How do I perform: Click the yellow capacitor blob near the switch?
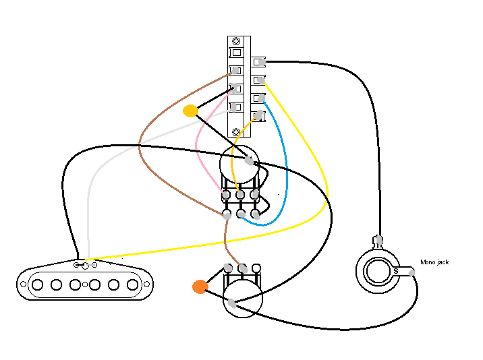tap(191, 111)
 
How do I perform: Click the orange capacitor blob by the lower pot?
tap(200, 287)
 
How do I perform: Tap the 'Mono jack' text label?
tap(434, 262)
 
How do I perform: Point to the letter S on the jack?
tap(396, 271)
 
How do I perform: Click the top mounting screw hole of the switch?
tap(236, 42)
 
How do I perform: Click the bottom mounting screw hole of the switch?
tap(235, 131)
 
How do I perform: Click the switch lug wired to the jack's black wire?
tap(260, 63)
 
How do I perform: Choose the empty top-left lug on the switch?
tap(235, 53)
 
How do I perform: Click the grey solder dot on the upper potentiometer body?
tap(250, 161)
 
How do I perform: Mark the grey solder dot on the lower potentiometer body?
tap(232, 303)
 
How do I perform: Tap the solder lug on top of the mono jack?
tap(378, 239)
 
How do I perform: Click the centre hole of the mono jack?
tap(377, 272)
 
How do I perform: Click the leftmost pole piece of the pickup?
tap(38, 284)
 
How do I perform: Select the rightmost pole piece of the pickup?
tap(133, 284)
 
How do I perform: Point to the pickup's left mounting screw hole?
tap(24, 284)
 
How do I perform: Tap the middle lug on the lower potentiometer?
tap(242, 268)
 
